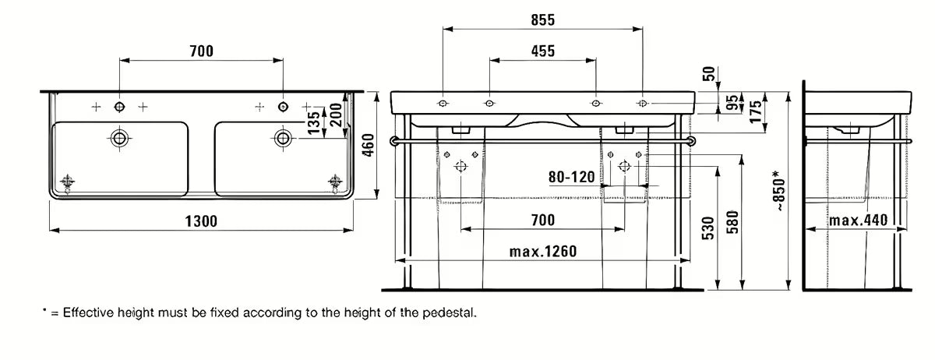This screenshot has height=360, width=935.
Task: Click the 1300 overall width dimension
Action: pyautogui.click(x=201, y=221)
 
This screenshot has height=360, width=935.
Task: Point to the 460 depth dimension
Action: pyautogui.click(x=369, y=144)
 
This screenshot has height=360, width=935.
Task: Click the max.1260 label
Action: pyautogui.click(x=542, y=252)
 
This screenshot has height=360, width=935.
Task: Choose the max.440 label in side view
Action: pyautogui.click(x=858, y=221)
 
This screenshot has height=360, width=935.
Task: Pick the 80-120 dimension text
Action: pyautogui.click(x=573, y=177)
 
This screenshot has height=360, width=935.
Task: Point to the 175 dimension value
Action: pyautogui.click(x=754, y=109)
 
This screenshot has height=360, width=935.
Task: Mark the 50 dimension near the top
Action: pyautogui.click(x=708, y=74)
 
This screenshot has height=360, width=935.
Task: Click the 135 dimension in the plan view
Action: pyautogui.click(x=312, y=122)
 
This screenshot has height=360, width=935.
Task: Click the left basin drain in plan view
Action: pyautogui.click(x=119, y=139)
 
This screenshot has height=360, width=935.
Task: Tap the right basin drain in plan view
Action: pyautogui.click(x=283, y=139)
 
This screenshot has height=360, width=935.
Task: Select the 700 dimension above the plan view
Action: pyautogui.click(x=201, y=51)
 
